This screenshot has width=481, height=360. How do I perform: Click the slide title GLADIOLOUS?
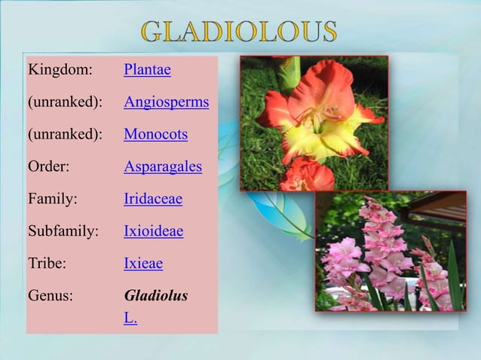238,32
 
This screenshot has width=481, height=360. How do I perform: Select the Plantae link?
147,70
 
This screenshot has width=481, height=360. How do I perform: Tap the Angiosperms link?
166,102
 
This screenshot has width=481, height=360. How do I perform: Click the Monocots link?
155,135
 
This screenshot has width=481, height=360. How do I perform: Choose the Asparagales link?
163,167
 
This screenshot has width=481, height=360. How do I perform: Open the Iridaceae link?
153,200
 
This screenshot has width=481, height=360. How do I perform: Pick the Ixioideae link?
153,231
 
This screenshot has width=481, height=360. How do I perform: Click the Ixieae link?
143,264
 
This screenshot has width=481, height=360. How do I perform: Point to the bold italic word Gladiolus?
155,295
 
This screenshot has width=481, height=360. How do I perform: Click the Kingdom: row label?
60,70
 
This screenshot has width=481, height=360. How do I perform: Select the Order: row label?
49,167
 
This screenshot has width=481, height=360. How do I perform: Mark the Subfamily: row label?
63,231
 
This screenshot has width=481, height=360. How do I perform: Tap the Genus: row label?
51,295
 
